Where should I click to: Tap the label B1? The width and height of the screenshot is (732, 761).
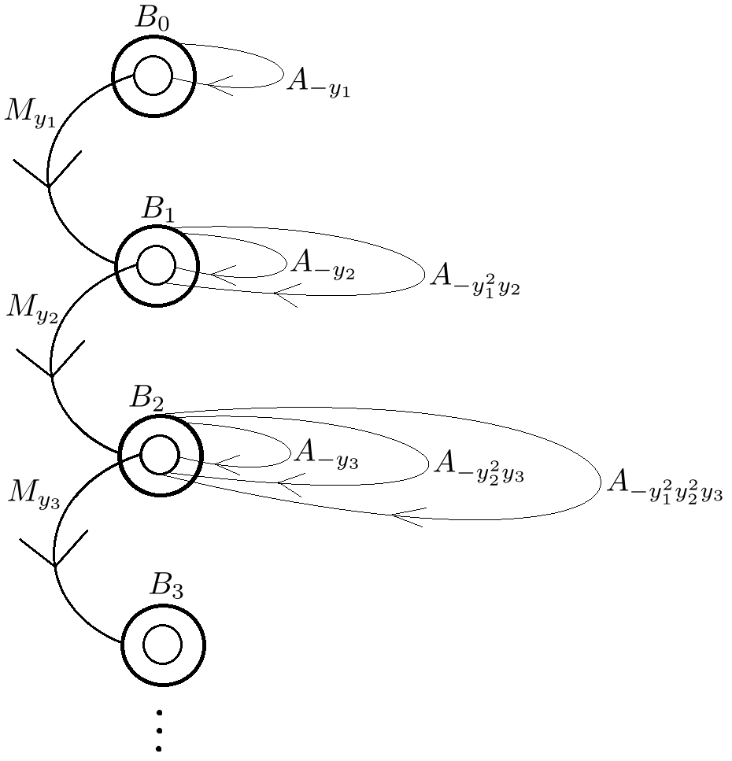click(159, 209)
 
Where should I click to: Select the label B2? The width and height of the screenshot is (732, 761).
click(148, 398)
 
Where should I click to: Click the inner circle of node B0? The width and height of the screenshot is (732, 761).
click(153, 76)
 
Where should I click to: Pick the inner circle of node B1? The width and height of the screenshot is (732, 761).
click(156, 265)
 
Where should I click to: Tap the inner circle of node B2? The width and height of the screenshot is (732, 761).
click(160, 456)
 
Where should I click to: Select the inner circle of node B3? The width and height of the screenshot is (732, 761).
click(163, 645)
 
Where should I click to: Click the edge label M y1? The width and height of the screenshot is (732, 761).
click(28, 111)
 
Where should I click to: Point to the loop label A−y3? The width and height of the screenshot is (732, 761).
click(325, 455)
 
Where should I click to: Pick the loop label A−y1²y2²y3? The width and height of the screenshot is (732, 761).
click(664, 486)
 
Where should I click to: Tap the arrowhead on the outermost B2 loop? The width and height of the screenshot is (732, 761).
click(406, 516)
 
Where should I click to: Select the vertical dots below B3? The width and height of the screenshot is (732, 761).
click(160, 731)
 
